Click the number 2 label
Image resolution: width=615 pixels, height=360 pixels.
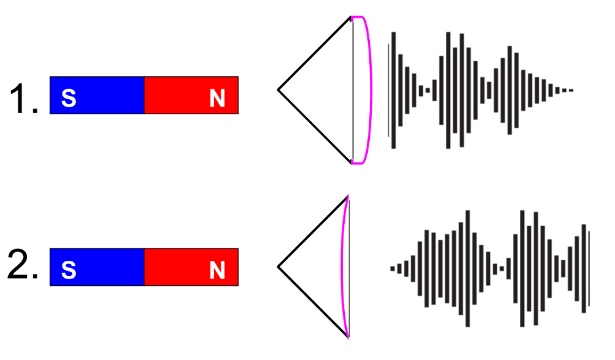point(22,267)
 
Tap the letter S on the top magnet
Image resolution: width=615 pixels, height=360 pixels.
point(69,99)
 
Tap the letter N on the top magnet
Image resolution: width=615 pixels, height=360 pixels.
point(217,99)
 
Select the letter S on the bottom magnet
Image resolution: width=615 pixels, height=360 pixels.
point(69,270)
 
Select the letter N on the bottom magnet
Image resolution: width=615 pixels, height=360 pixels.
point(217,270)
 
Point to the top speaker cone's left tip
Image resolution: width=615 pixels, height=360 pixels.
point(279,90)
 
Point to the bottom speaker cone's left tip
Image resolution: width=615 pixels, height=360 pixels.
point(279,267)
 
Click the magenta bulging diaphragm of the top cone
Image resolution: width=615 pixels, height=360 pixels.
point(369,90)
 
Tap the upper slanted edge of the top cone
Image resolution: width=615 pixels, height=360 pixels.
point(314,54)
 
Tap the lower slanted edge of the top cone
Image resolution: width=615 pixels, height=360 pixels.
point(314,126)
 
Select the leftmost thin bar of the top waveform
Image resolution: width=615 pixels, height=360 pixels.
point(388,90)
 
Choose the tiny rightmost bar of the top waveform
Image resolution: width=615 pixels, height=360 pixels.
point(572,90)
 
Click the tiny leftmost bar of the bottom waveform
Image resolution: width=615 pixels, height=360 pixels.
point(392,268)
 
